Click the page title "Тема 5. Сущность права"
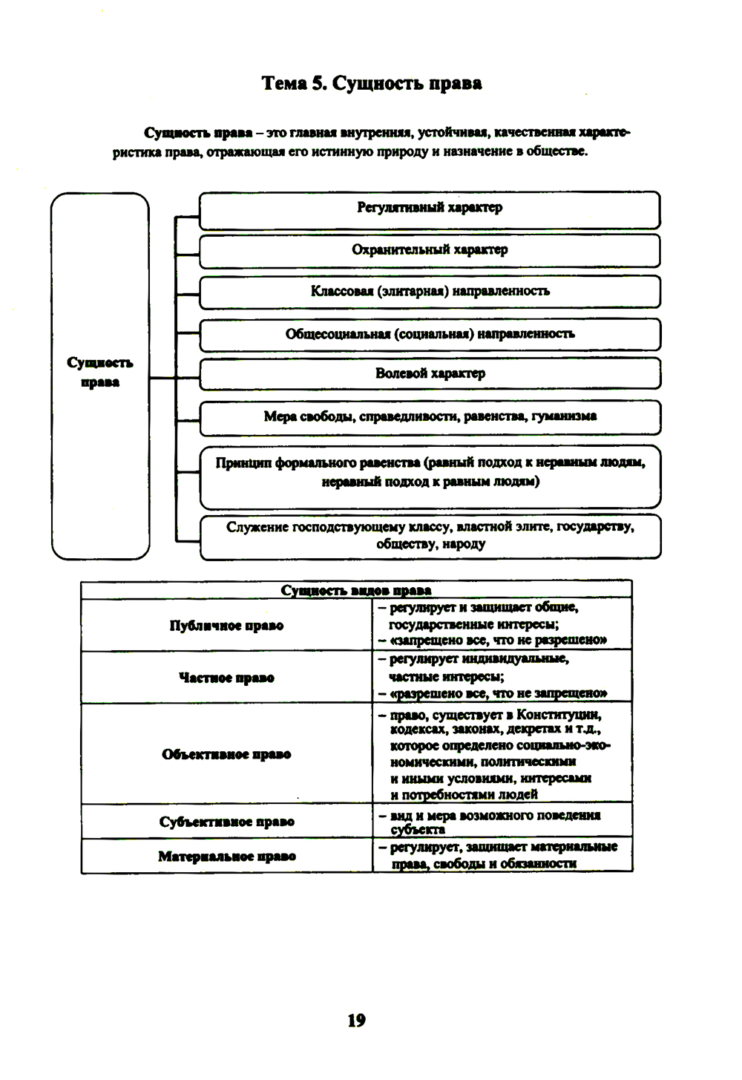(372, 83)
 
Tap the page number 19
(356, 1021)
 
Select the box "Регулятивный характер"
(430, 209)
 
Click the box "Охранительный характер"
(430, 250)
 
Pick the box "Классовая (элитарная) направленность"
(430, 292)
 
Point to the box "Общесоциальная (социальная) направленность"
(430, 334)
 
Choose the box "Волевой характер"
(430, 374)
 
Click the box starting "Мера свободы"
(430, 417)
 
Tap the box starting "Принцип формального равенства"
(430, 473)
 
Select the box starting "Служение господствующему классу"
(430, 535)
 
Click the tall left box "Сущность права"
(100, 373)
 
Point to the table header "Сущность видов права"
(356, 591)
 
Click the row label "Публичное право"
(226, 626)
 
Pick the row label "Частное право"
(226, 678)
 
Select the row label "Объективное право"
(226, 754)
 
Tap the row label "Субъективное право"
(226, 822)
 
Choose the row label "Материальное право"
(226, 857)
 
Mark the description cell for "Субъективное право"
(502, 822)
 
